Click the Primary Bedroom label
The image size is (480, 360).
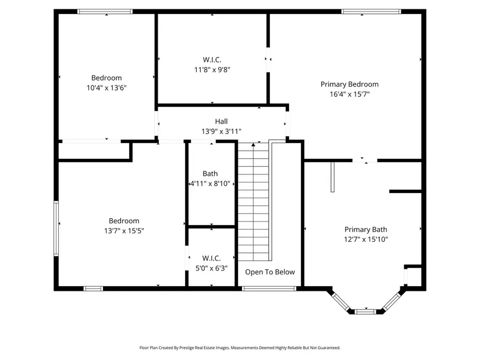click(x=349, y=84)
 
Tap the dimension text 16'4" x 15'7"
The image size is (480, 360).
click(x=350, y=94)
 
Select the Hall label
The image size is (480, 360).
click(x=221, y=121)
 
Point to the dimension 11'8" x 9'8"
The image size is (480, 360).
click(x=212, y=69)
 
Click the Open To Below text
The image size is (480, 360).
click(x=270, y=272)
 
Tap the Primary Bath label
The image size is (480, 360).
click(x=366, y=230)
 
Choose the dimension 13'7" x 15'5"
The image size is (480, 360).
click(x=124, y=230)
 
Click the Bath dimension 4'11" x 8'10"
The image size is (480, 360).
click(x=210, y=184)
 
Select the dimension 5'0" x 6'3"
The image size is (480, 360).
click(x=212, y=268)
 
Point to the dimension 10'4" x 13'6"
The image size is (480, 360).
click(x=106, y=88)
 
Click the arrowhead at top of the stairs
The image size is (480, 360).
click(x=253, y=144)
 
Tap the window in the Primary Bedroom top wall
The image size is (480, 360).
click(x=371, y=12)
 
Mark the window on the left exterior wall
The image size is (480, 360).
click(x=56, y=229)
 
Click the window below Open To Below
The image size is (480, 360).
click(x=269, y=288)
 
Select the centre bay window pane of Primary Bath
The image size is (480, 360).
click(x=365, y=312)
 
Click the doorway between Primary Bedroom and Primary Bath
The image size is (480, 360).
click(x=365, y=161)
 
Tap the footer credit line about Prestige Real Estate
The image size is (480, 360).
click(x=240, y=348)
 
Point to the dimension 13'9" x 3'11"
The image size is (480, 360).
click(x=221, y=131)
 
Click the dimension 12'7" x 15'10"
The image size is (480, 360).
click(x=366, y=240)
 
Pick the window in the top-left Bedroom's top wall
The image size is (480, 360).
click(x=105, y=12)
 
